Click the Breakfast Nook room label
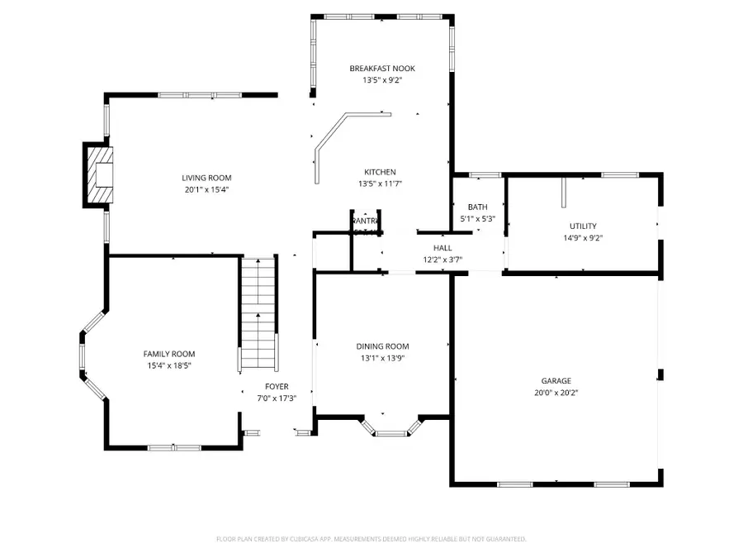pos(381,69)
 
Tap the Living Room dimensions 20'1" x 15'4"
pos(206,189)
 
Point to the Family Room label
pos(168,354)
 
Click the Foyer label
pos(276,386)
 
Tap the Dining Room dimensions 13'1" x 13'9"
pos(382,358)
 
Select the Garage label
pos(556,381)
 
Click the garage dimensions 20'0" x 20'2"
pos(556,393)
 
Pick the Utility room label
pos(582,226)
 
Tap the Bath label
pos(477,207)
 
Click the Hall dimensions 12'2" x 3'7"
pos(442,260)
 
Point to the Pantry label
pos(365,222)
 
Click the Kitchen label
pos(381,172)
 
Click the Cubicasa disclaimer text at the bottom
pos(371,539)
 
